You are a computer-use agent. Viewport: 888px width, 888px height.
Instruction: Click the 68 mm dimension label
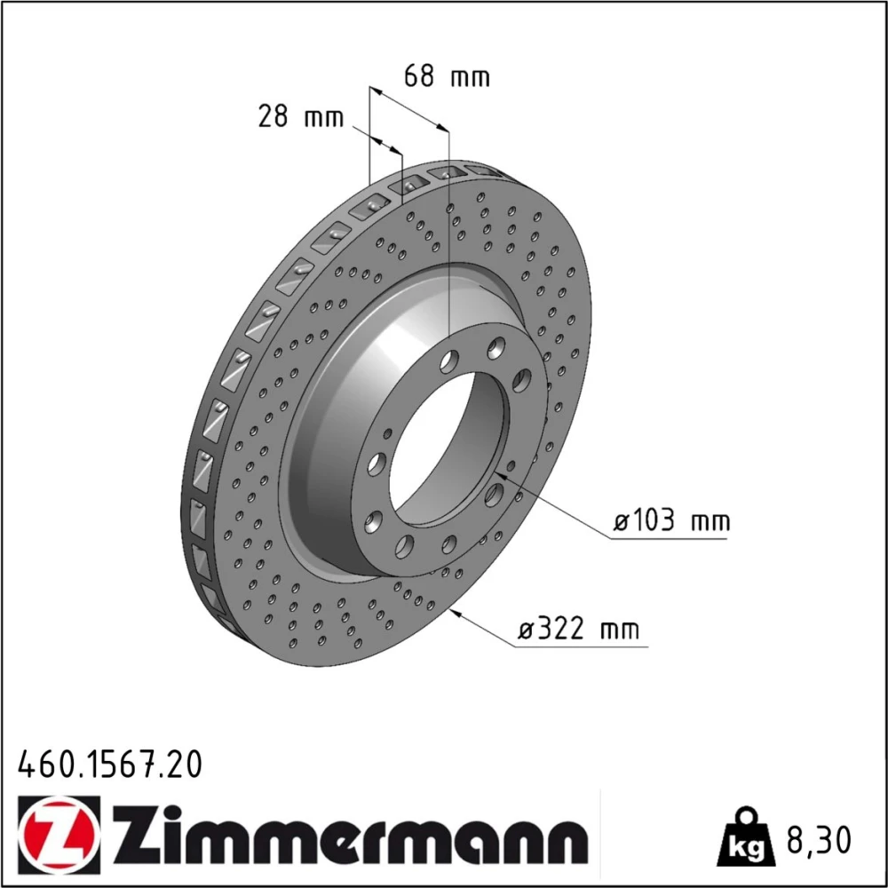click(x=447, y=75)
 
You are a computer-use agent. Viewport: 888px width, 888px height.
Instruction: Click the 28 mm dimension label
click(x=301, y=116)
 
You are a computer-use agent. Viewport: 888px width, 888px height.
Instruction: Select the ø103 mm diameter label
click(x=672, y=519)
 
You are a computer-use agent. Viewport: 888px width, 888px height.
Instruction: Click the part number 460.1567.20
click(x=110, y=765)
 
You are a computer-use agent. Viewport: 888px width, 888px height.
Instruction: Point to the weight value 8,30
click(x=819, y=840)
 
